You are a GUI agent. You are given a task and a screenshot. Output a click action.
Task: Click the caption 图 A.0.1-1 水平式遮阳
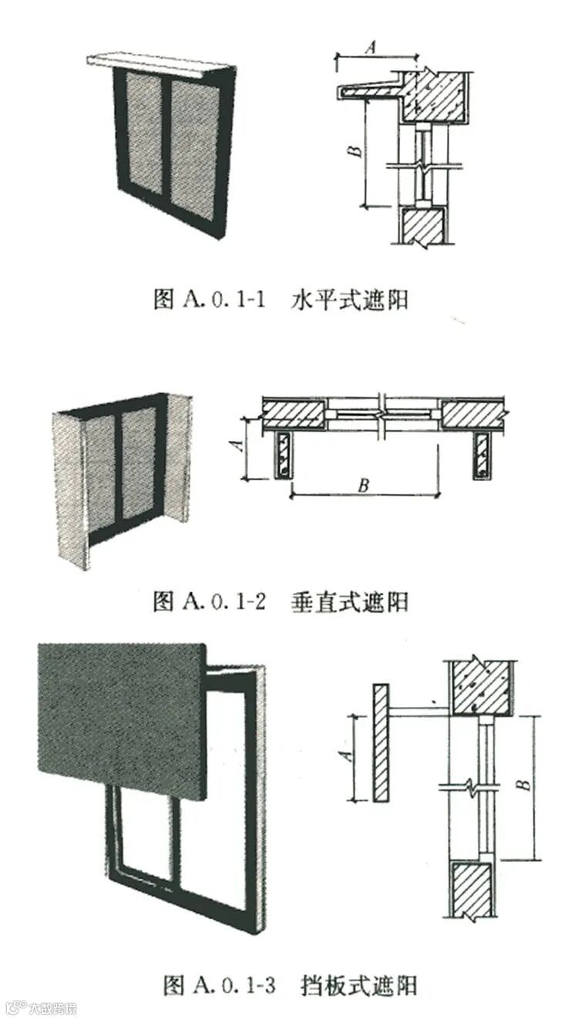click(281, 299)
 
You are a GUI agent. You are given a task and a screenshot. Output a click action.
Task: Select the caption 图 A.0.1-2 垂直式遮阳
click(281, 601)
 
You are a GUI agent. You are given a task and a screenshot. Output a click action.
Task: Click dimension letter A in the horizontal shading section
click(370, 48)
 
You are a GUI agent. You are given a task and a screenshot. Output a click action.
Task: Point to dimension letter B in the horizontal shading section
click(353, 152)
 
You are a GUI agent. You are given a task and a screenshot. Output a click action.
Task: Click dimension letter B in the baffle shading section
click(524, 784)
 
